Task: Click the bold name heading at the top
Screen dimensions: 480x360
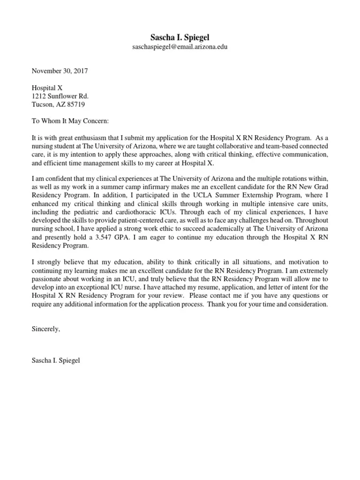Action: click(180, 37)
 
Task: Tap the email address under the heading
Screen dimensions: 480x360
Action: click(180, 47)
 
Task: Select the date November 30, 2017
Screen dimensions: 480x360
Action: click(60, 71)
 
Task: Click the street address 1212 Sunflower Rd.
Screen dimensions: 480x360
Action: click(60, 96)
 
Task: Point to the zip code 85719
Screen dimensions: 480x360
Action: click(75, 105)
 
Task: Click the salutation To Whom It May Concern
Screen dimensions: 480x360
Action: click(70, 121)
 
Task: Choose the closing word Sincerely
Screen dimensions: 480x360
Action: click(46, 329)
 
